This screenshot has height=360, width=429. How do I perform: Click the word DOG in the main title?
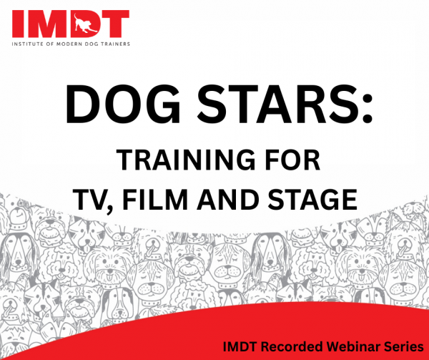click(x=122, y=105)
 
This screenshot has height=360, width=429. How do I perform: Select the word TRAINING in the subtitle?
click(x=185, y=161)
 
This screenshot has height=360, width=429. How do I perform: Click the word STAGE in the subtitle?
click(x=312, y=200)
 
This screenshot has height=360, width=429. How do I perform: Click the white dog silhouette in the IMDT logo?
click(x=84, y=24)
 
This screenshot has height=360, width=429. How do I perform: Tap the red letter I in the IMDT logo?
click(x=17, y=24)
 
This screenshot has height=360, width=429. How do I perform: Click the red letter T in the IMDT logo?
click(x=114, y=24)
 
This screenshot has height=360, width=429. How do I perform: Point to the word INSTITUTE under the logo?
click(x=26, y=44)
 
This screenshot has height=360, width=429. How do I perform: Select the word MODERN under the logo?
click(x=67, y=44)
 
